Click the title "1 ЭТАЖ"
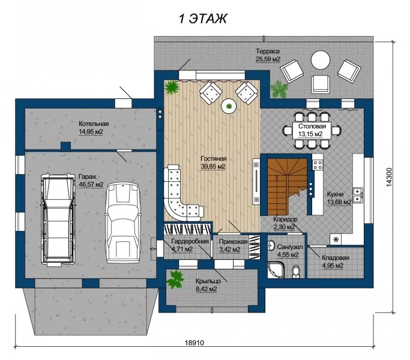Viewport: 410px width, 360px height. [203, 19]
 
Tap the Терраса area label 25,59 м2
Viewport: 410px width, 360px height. [268, 59]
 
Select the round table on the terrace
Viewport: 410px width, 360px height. [321, 59]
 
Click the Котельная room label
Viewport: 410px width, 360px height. [94, 124]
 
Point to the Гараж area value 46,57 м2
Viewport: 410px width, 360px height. [91, 185]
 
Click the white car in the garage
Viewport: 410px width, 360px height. [122, 223]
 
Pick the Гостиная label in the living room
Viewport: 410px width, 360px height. [214, 158]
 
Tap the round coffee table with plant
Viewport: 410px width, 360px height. [229, 106]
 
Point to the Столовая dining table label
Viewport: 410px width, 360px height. [312, 126]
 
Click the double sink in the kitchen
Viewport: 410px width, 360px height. [358, 195]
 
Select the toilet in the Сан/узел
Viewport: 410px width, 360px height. [296, 271]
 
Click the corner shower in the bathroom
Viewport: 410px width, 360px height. [276, 270]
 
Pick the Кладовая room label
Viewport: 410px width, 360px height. [336, 258]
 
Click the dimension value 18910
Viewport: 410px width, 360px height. [194, 343]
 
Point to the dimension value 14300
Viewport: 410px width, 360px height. [389, 177]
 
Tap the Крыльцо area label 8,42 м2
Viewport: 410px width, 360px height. [207, 289]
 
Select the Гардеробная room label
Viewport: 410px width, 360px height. [190, 241]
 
